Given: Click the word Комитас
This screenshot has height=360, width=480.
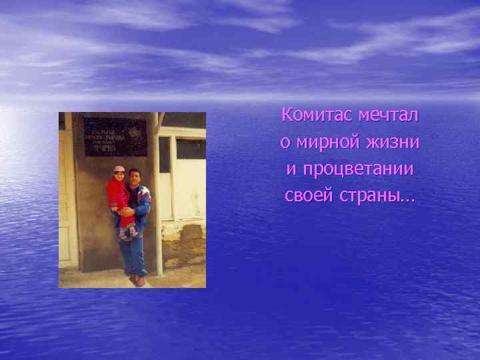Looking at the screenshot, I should [x=317, y=115].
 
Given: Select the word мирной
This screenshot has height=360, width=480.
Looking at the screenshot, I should [x=323, y=143].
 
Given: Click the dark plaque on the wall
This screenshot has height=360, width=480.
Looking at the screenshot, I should [x=115, y=137].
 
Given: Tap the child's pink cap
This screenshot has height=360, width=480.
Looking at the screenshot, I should [x=119, y=169].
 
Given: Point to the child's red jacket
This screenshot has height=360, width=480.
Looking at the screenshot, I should [x=117, y=194].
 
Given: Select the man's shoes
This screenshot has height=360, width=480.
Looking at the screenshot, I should [x=137, y=281].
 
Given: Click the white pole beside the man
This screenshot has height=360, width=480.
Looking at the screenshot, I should [x=158, y=200].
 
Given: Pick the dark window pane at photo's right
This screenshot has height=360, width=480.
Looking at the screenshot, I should [x=191, y=149].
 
